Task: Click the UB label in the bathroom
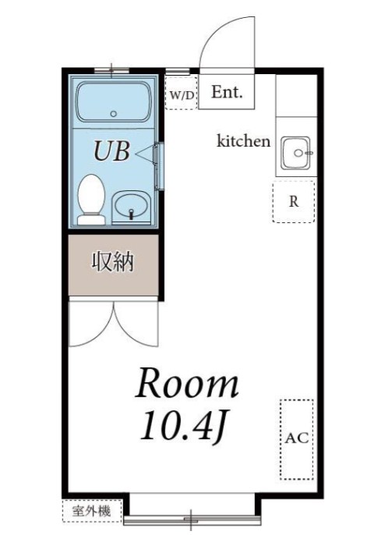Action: tap(111, 151)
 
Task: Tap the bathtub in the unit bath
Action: tap(114, 101)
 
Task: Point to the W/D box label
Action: tap(182, 94)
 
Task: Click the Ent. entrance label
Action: tap(228, 93)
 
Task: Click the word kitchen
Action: tap(243, 141)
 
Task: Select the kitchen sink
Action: tap(295, 153)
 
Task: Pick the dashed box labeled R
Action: tap(293, 201)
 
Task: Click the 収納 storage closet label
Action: tap(114, 261)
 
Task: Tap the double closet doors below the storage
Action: tap(114, 321)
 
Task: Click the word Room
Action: tap(187, 384)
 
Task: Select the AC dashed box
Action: tap(296, 438)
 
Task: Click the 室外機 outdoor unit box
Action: tap(92, 511)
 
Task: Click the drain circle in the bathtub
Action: tap(114, 112)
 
